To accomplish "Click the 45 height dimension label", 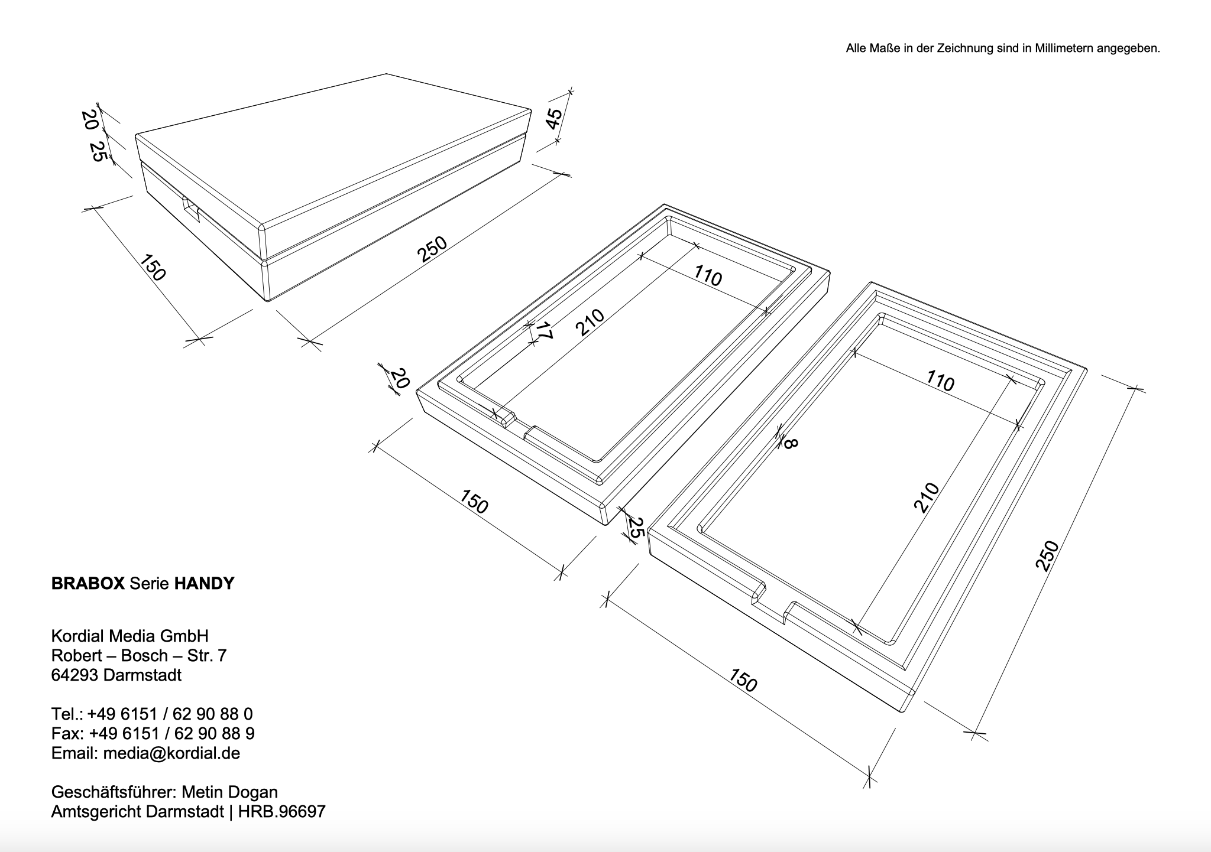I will pos(554,119).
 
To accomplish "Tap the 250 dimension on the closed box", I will pos(432,249).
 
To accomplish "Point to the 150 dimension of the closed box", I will pos(153,268).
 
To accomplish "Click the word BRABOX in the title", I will pos(88,584).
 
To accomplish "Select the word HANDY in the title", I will pos(204,584).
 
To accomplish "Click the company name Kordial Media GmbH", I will pos(130,636).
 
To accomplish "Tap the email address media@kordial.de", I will pos(171,753).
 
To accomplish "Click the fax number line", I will pos(153,734).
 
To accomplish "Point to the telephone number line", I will pos(152,714).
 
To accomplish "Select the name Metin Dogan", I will pos(229,792).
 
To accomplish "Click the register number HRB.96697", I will pos(282,812).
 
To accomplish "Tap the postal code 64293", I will pos(75,675).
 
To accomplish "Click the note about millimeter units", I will pos(1003,48).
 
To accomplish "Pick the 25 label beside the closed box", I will pos(98,152).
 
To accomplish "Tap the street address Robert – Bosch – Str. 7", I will pos(139,656).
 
